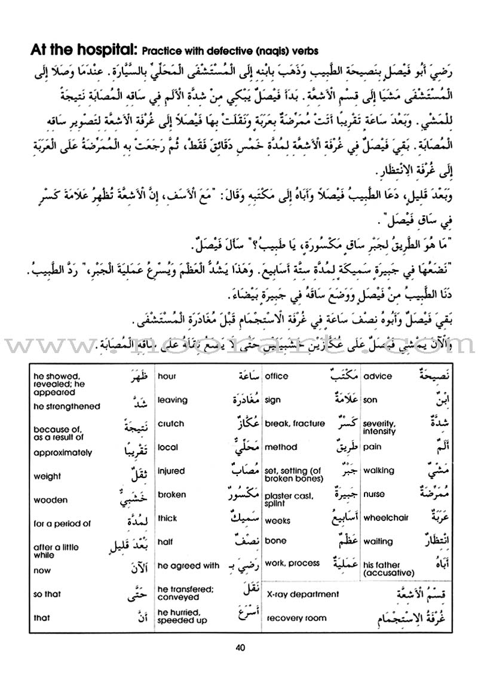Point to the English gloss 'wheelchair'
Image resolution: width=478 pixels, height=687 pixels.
(385, 518)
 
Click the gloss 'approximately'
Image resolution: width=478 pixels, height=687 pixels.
(63, 453)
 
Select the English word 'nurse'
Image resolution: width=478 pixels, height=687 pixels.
(374, 495)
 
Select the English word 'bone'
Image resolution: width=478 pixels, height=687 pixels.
(275, 541)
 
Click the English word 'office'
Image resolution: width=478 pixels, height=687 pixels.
(276, 376)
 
